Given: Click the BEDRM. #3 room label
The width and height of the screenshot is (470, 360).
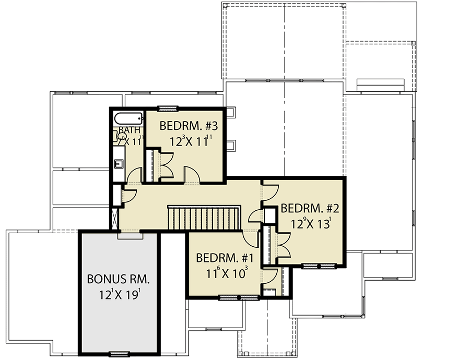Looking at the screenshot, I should click(x=185, y=126).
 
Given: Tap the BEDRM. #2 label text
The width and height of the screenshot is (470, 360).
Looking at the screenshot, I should click(x=310, y=209).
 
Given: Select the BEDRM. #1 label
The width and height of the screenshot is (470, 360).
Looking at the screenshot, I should click(x=225, y=258).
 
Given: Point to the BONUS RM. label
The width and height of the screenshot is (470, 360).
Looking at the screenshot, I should click(x=118, y=278).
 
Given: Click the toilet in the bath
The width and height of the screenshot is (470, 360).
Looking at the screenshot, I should click(x=119, y=137).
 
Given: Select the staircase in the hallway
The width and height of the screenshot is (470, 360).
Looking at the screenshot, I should click(x=203, y=217).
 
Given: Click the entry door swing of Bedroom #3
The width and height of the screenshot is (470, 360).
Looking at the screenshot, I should click(x=190, y=174).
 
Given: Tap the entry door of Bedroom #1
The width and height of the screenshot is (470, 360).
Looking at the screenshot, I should click(x=253, y=238).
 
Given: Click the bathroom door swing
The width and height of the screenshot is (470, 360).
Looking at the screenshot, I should click(x=134, y=175).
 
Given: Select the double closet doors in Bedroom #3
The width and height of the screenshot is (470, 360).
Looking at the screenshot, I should click(x=166, y=165).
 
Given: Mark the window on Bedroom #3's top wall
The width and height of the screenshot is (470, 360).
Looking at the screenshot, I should click(x=169, y=109).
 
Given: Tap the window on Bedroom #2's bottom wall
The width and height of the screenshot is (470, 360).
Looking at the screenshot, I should click(x=318, y=266).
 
